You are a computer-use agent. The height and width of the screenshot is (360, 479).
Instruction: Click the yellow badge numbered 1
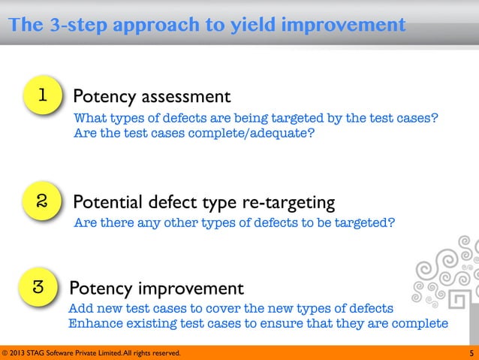[43, 96]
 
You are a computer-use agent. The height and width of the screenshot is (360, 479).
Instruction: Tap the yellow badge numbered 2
[43, 201]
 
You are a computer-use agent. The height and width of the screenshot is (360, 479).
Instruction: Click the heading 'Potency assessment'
[151, 97]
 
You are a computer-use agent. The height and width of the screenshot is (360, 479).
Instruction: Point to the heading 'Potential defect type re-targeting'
[203, 203]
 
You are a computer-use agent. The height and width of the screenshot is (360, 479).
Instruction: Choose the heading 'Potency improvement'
[155, 289]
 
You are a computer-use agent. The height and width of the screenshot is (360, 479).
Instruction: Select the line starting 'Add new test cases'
[230, 309]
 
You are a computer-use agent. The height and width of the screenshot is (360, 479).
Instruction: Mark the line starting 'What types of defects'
[255, 119]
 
